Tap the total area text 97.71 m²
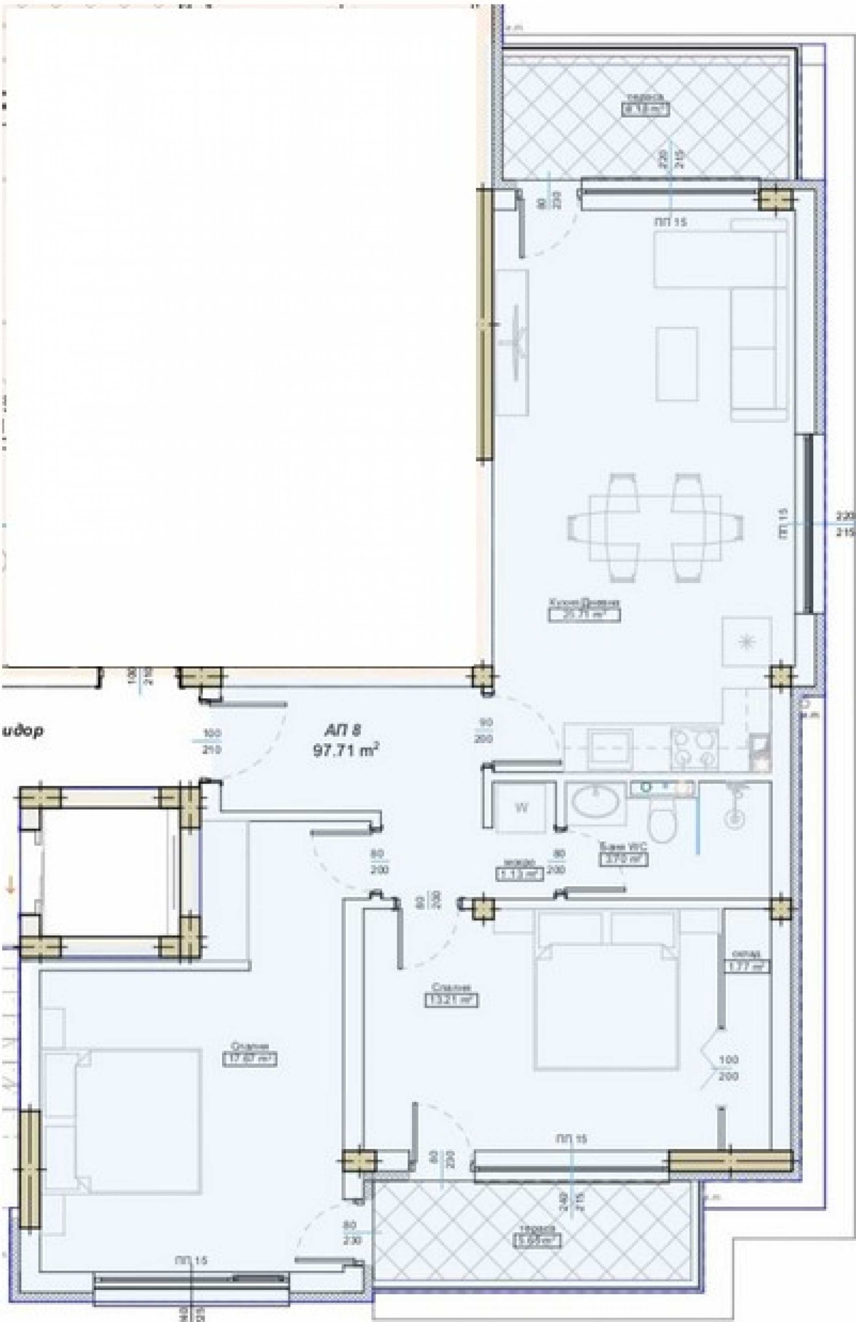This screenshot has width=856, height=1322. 346,751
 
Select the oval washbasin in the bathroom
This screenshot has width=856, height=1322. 595,804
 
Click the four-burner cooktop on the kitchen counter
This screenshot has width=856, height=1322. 694,748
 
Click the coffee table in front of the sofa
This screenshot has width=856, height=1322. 676,364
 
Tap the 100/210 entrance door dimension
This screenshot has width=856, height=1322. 211,742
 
